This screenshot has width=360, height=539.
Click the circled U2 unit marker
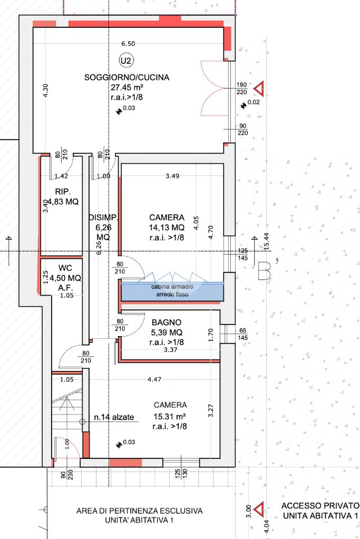point(126,61)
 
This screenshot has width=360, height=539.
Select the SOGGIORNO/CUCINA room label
point(127,77)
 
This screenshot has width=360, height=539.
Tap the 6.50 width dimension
point(128,44)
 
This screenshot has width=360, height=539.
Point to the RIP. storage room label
point(63,191)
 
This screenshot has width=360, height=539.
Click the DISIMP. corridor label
point(103,218)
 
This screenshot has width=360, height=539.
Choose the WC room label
point(65,268)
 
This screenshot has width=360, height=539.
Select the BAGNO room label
point(167,322)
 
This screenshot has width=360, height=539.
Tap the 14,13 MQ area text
point(167,228)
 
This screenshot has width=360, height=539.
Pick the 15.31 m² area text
point(170,416)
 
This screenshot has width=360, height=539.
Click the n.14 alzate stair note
point(114,417)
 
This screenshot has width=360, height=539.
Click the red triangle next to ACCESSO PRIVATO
point(259,508)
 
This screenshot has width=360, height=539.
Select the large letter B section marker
point(264,270)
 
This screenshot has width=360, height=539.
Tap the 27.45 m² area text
point(127,87)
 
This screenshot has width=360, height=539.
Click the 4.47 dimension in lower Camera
point(154,379)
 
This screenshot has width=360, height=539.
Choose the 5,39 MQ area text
point(167,332)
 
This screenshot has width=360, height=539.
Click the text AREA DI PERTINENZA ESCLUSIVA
point(139,511)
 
